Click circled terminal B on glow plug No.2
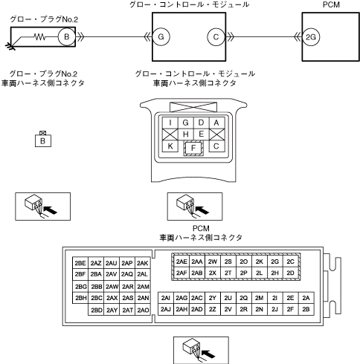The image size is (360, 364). tap(67, 37)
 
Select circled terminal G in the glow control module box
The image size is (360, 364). tap(161, 37)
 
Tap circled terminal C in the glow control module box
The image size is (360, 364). tap(216, 37)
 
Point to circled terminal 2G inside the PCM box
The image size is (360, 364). tap(311, 37)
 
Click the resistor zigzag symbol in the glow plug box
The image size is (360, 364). tap(40, 37)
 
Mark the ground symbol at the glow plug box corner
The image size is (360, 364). tap(10, 46)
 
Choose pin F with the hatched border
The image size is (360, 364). tap(193, 148)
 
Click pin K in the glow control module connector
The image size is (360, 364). tap(170, 146)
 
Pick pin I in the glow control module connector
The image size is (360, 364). tap(170, 123)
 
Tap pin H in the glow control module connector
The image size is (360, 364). tap(186, 134)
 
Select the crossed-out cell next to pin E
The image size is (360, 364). tap(217, 134)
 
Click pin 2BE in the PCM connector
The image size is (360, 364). tap(80, 263)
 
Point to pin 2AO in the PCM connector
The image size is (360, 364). tap(143, 310)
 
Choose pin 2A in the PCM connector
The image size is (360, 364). tap(306, 298)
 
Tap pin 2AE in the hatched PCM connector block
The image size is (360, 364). tap(181, 261)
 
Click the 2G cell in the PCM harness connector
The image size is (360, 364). tap(275, 261)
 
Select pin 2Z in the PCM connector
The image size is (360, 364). tap(213, 309)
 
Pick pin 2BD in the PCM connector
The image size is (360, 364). tap(96, 310)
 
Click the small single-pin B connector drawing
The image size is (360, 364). tap(43, 139)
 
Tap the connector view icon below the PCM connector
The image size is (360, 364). tap(201, 350)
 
